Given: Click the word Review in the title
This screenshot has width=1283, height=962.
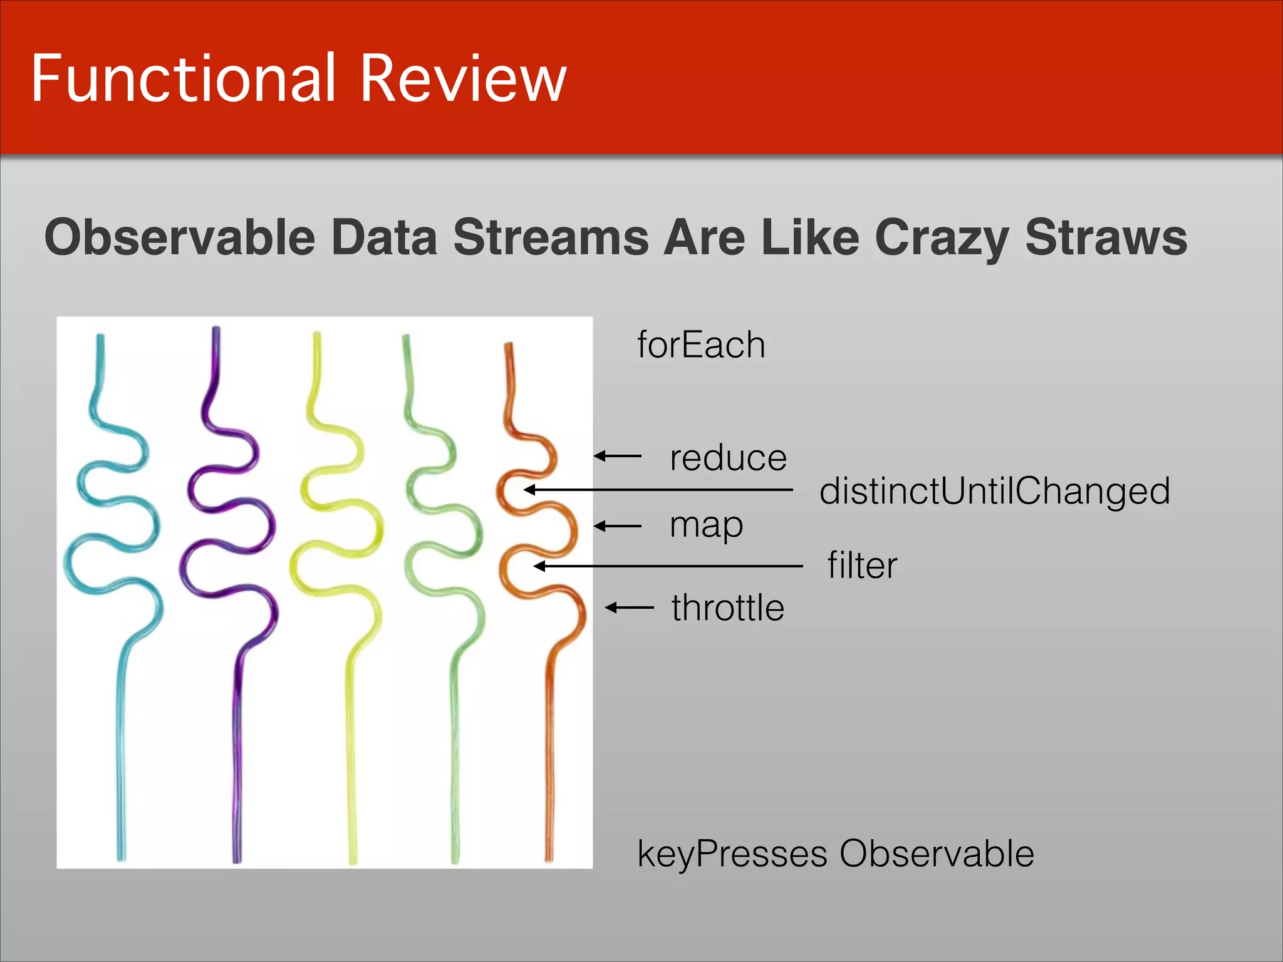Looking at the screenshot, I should point(463,78).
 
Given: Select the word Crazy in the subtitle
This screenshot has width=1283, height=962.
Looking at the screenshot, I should point(942,239).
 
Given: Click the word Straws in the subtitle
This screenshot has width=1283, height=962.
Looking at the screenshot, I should point(1106,237).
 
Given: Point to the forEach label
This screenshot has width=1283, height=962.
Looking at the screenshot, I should point(701,345).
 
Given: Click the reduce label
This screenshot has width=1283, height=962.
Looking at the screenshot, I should point(728,458).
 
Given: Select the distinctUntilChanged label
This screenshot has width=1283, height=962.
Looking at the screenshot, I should point(994,490).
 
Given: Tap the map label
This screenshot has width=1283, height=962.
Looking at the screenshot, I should point(706,525).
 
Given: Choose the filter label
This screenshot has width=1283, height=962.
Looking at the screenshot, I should point(862,566).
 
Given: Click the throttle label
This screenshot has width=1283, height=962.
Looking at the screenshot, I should point(727,608).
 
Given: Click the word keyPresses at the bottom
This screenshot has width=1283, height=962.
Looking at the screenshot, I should point(732,854).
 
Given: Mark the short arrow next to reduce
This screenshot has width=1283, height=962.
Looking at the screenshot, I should point(618,456).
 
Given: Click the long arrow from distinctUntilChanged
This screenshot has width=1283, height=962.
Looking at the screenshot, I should point(658,490).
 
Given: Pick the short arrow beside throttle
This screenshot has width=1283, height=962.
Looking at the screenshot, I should point(630,607).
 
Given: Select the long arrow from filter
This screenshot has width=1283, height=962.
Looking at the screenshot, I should point(668,566).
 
